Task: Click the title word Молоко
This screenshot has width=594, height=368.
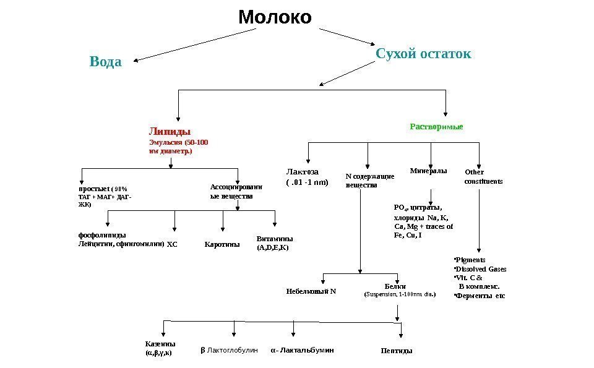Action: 275,17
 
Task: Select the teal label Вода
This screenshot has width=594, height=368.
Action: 106,62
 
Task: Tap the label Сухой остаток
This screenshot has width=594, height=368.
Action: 423,54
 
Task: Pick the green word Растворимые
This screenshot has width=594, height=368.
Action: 436,126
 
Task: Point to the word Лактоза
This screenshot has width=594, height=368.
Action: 301,172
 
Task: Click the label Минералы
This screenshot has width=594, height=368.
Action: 428,170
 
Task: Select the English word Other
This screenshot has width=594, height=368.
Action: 474,172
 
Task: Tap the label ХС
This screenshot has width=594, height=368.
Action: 172,244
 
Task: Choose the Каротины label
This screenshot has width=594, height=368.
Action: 222,244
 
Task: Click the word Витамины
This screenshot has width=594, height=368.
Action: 274,238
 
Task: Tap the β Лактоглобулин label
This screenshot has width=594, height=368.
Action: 228,350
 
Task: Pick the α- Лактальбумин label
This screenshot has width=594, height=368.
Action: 303,350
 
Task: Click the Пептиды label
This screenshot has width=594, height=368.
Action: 397,351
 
